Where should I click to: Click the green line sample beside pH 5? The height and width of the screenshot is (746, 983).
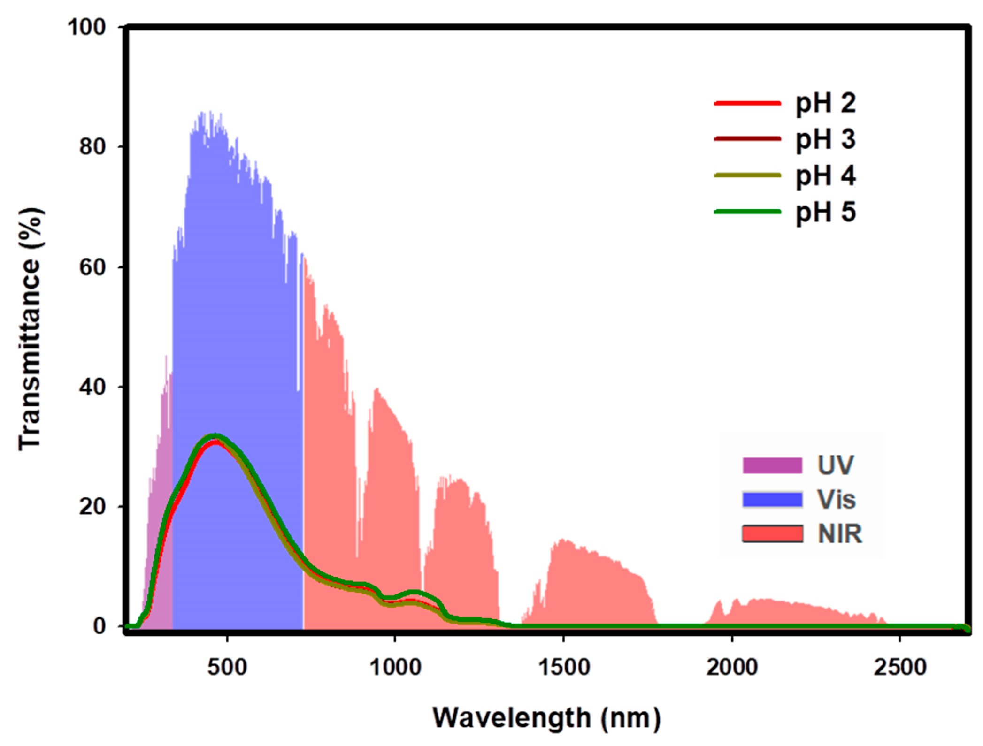pos(747,212)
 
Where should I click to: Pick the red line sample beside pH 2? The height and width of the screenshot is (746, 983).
pos(747,103)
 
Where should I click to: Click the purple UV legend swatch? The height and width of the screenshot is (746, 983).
pos(772,465)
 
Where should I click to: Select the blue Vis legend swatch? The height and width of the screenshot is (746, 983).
pos(772,499)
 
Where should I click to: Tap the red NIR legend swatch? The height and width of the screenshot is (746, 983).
pos(772,534)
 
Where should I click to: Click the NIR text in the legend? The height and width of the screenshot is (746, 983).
pos(839,534)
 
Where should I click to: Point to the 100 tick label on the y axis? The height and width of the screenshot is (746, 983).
pos(87,27)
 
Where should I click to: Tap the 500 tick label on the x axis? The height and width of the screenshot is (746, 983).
pos(227,667)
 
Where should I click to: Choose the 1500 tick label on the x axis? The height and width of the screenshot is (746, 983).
pos(563,667)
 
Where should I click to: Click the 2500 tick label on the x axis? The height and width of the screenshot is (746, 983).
pos(899,667)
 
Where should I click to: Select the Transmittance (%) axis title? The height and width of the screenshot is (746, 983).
pos(30,328)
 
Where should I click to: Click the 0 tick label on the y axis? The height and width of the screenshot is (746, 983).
pos(99,626)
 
